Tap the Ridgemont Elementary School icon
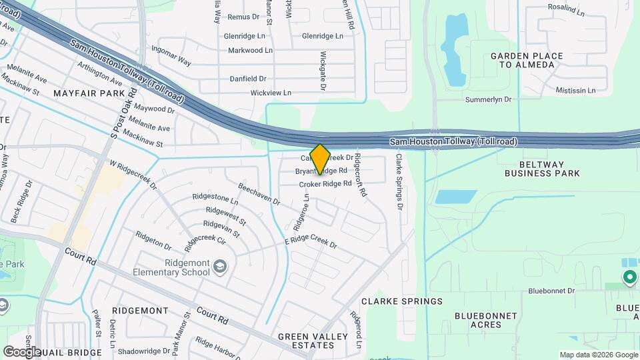click(x=220, y=268)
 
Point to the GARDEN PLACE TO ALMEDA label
click(x=527, y=61)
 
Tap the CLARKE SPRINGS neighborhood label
click(x=401, y=301)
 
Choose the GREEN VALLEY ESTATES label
click(x=306, y=341)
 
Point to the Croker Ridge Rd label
click(x=325, y=184)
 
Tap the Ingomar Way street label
click(x=171, y=57)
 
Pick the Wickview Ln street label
click(x=271, y=93)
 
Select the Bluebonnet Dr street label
click(x=551, y=291)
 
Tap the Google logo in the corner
click(x=21, y=351)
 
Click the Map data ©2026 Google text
click(x=597, y=355)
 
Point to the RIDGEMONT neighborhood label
click(x=140, y=311)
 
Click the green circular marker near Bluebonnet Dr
click(x=629, y=276)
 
